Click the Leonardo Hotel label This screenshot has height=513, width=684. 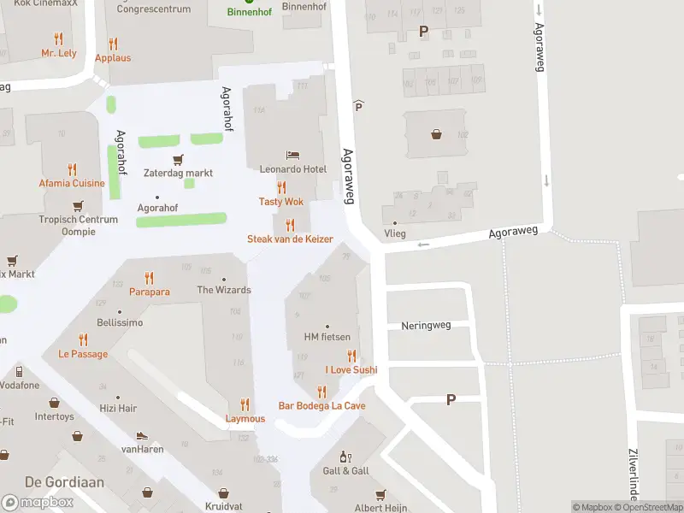coord(293,170)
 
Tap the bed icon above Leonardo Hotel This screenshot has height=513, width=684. coord(293,156)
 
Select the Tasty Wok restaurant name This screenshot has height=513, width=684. coord(281,202)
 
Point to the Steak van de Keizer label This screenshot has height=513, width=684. coord(290,239)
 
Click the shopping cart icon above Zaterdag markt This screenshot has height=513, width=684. coord(178,159)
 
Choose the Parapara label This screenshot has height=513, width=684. coord(150,292)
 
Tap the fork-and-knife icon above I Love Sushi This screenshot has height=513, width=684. coord(351,356)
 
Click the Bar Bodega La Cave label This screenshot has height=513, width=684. coord(321,405)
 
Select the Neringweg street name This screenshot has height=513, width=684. coord(425,326)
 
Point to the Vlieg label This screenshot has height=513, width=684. coord(395,233)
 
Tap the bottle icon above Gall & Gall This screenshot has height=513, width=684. coord(345,457)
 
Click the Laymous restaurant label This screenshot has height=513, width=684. coord(245,419)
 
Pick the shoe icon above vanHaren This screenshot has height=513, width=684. coord(142,435)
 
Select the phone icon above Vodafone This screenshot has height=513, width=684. coord(19,372)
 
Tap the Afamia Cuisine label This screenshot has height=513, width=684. coord(72,183)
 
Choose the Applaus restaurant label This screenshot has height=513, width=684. coord(113,58)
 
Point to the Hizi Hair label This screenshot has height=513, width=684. coord(117,409)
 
